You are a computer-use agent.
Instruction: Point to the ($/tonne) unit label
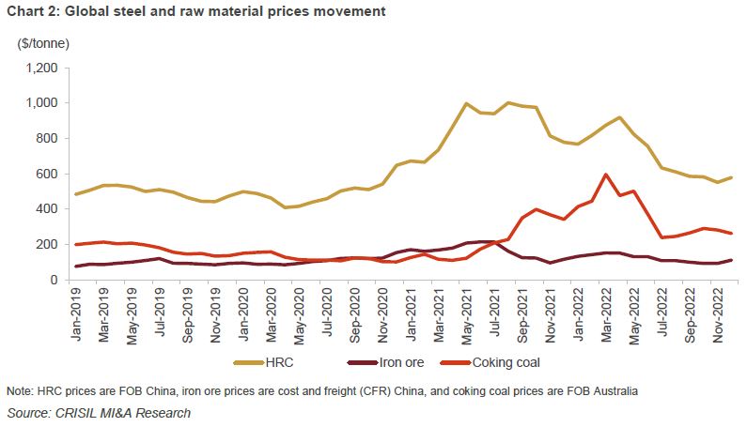pyautogui.click(x=43, y=43)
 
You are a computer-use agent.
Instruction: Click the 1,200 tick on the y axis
pyautogui.click(x=40, y=69)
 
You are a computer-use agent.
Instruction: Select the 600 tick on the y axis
pyautogui.click(x=47, y=174)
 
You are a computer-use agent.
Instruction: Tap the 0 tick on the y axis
pyautogui.click(x=54, y=280)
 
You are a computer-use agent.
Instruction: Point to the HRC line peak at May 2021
pyautogui.click(x=466, y=103)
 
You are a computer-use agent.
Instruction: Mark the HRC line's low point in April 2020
pyautogui.click(x=285, y=207)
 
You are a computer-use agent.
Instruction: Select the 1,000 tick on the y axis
pyautogui.click(x=40, y=103)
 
